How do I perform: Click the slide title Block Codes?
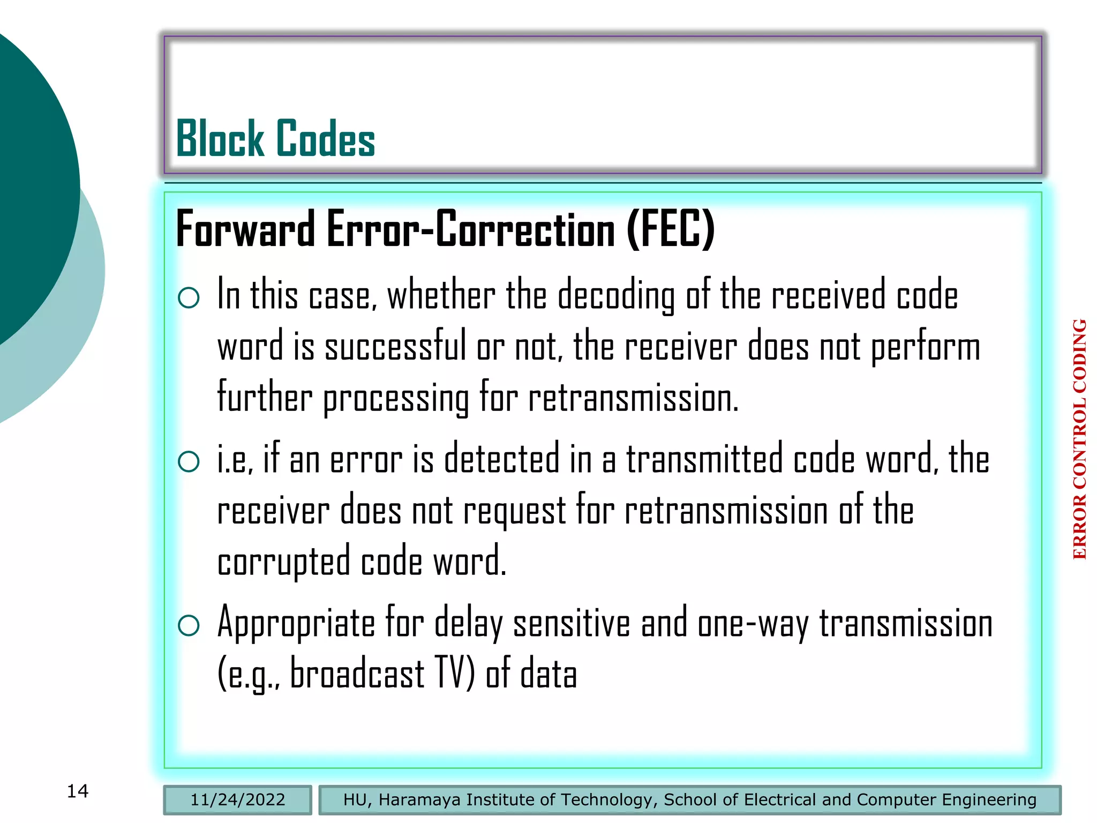tap(275, 139)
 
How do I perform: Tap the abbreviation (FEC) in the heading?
tap(671, 229)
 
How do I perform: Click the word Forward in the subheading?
tap(245, 229)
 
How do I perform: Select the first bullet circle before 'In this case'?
tap(189, 298)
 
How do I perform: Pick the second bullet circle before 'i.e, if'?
tap(189, 461)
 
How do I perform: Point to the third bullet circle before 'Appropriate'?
tap(189, 625)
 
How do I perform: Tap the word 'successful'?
tap(395, 347)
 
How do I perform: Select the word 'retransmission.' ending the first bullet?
tap(633, 398)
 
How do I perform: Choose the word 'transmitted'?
tap(704, 459)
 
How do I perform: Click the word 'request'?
tap(514, 511)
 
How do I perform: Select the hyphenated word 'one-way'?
tap(753, 624)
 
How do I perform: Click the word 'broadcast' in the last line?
tap(357, 674)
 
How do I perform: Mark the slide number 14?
tap(78, 791)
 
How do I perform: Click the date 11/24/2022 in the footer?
tap(238, 800)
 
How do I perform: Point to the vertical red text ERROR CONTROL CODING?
tap(1080, 439)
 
